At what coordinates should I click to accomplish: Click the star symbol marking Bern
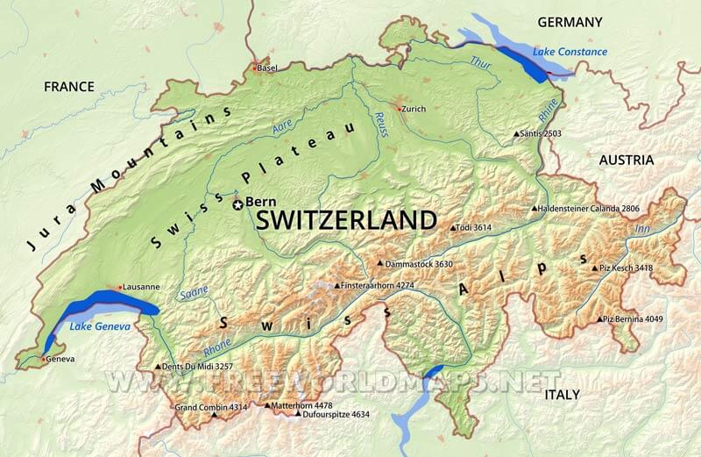coord(237,204)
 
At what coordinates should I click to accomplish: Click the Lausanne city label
coord(141,287)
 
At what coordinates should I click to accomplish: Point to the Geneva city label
coord(60,359)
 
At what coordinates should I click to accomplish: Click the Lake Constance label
coord(571,52)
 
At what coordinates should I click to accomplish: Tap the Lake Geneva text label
coord(100,327)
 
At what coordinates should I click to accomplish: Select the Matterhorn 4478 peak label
coord(302,405)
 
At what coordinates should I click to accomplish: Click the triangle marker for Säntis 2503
coord(517,134)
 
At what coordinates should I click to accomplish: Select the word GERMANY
coord(570,22)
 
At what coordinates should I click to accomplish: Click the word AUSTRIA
coord(626,160)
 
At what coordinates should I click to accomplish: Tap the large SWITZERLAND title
coord(345,220)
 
